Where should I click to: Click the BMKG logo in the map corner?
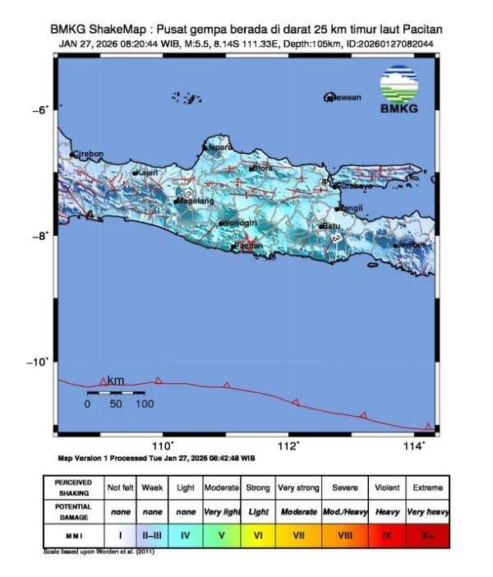(x=399, y=89)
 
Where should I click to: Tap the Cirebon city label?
(x=89, y=154)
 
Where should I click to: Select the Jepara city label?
(x=219, y=147)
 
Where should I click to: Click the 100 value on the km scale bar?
(x=144, y=404)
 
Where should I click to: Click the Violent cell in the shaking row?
(x=386, y=487)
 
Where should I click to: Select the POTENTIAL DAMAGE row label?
(x=73, y=511)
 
